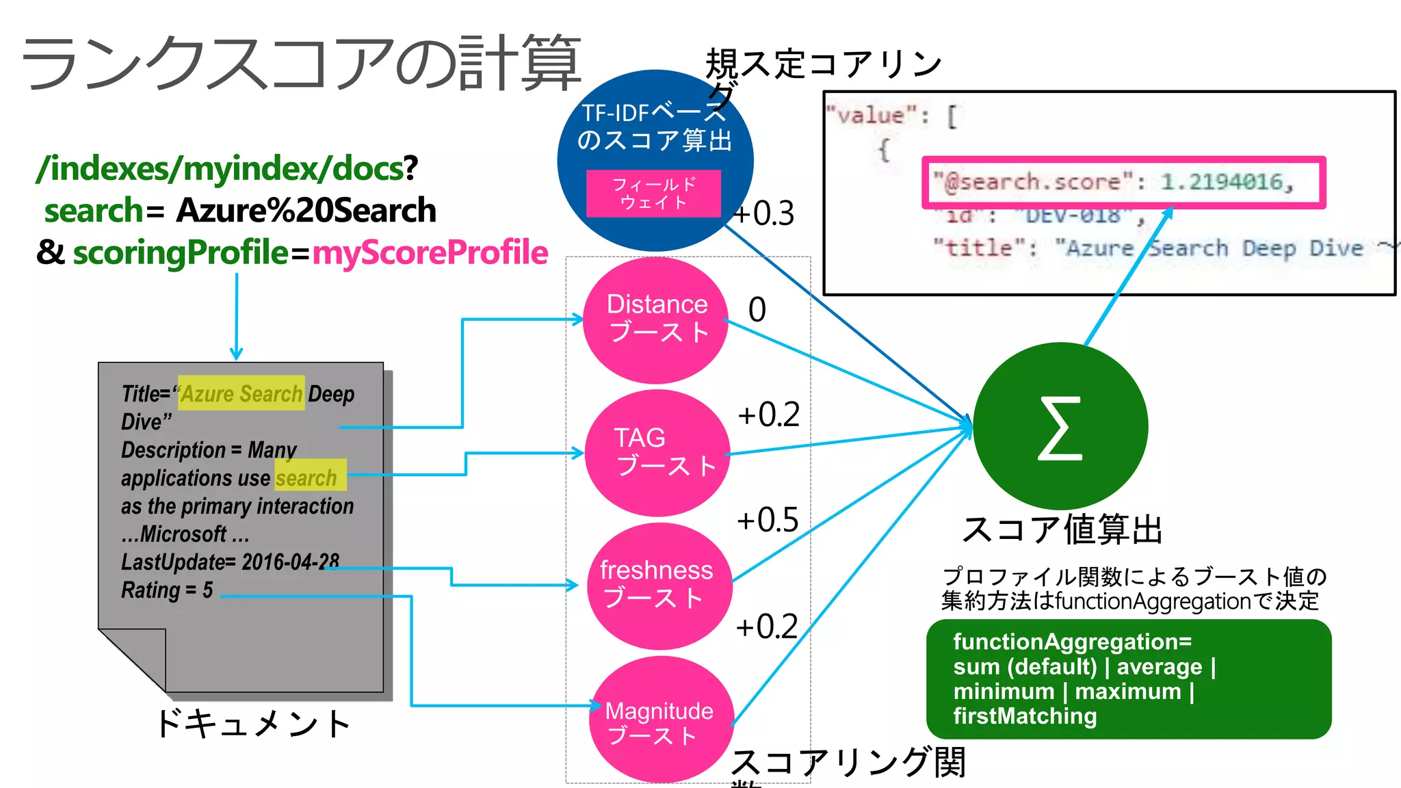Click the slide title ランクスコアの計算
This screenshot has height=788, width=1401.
click(x=301, y=63)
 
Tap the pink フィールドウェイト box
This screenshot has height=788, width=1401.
click(x=653, y=194)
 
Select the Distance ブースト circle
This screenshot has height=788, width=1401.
click(x=655, y=319)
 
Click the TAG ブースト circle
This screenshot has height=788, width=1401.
click(x=657, y=452)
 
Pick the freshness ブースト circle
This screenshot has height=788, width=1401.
click(x=659, y=586)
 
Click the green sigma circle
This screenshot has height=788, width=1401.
click(x=1060, y=427)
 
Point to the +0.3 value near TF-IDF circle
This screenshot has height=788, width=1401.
click(x=764, y=213)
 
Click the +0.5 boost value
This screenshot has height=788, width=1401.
click(x=768, y=520)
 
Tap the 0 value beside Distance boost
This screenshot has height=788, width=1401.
click(x=757, y=309)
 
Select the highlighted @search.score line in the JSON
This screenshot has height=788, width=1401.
click(x=1123, y=182)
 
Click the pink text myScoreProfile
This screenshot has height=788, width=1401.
click(x=430, y=252)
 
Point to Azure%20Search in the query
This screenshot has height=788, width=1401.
click(x=306, y=210)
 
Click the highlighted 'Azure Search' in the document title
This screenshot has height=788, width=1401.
click(x=241, y=393)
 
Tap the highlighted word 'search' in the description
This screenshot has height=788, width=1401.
click(x=306, y=477)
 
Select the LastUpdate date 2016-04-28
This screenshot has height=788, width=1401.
click(x=290, y=562)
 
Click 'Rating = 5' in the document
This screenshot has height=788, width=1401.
click(x=167, y=590)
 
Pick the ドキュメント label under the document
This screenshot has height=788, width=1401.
click(x=253, y=723)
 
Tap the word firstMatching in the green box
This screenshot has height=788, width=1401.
click(x=1025, y=716)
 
